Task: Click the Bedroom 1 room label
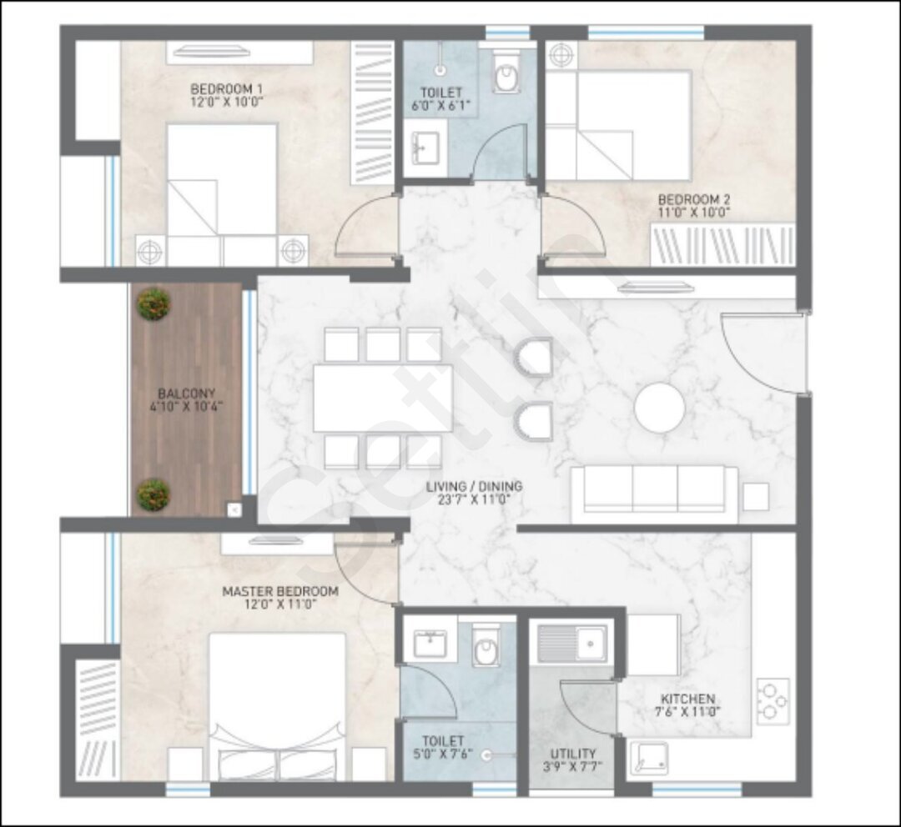pyautogui.click(x=226, y=89)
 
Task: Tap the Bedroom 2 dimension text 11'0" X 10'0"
pyautogui.click(x=694, y=213)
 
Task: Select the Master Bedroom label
pyautogui.click(x=280, y=591)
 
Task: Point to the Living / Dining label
pyautogui.click(x=474, y=486)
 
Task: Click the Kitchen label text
pyautogui.click(x=687, y=699)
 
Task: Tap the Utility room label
pyautogui.click(x=573, y=754)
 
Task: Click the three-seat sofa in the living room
pyautogui.click(x=655, y=494)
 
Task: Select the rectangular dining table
pyautogui.click(x=383, y=398)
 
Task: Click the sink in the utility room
pyautogui.click(x=571, y=644)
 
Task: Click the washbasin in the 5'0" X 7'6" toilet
pyautogui.click(x=430, y=644)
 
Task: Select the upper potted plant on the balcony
pyautogui.click(x=154, y=304)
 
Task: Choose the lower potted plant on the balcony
pyautogui.click(x=154, y=494)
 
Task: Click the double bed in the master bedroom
pyautogui.click(x=278, y=707)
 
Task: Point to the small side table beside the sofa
pyautogui.click(x=756, y=498)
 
